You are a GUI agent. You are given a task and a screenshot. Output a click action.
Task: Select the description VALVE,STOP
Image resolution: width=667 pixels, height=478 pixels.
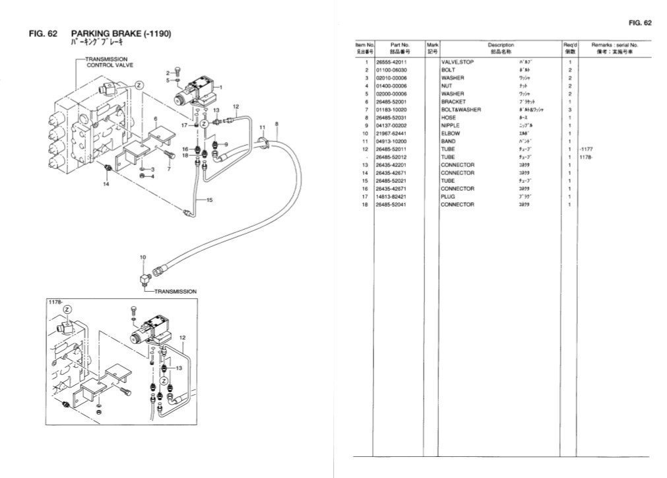(x=457, y=62)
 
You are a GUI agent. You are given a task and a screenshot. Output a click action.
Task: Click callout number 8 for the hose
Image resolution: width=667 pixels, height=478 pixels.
(x=276, y=124)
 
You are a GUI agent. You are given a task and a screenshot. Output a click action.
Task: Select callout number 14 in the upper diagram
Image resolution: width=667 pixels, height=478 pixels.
(x=106, y=185)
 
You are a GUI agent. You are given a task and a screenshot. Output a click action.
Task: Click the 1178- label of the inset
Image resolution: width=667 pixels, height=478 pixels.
(x=55, y=302)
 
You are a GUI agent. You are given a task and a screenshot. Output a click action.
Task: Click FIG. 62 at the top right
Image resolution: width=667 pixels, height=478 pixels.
(x=640, y=23)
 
